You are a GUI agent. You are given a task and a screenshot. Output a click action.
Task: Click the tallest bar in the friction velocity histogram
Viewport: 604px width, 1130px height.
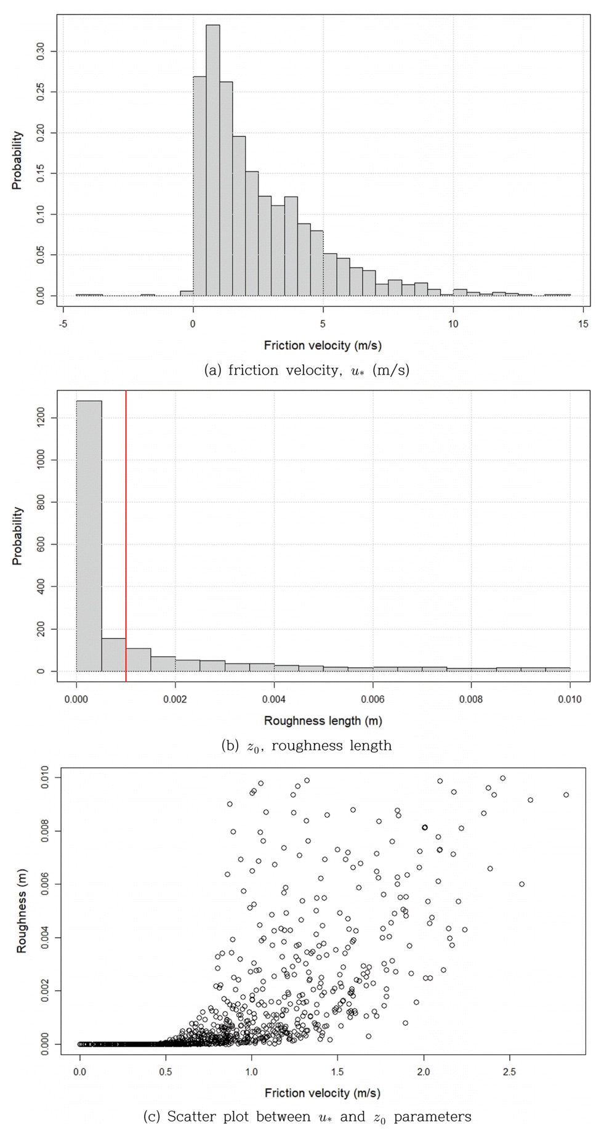click(x=212, y=160)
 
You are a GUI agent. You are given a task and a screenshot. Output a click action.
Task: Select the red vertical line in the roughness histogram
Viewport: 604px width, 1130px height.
click(x=126, y=536)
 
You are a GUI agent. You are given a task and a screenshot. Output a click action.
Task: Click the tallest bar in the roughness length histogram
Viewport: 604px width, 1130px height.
click(x=89, y=536)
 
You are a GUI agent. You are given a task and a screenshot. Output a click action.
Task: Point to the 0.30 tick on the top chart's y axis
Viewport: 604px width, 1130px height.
click(x=41, y=51)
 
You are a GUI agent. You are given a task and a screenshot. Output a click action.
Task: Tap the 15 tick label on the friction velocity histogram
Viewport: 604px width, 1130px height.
click(x=583, y=324)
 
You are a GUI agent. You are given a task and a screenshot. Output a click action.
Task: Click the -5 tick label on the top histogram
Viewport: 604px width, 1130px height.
click(x=63, y=324)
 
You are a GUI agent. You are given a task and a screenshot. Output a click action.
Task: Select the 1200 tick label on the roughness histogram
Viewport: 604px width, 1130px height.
click(x=41, y=418)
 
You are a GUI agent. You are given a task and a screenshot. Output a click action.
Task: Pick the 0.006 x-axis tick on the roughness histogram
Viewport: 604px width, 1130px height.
click(x=372, y=699)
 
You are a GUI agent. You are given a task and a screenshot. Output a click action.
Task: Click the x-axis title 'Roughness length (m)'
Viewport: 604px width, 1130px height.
click(x=323, y=720)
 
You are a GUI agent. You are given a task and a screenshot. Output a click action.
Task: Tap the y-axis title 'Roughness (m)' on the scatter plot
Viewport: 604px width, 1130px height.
click(x=22, y=912)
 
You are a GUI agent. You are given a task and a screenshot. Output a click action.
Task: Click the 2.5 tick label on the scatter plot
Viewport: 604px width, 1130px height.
click(x=509, y=1071)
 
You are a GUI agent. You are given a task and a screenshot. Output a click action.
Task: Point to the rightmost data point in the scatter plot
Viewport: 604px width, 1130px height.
click(x=566, y=795)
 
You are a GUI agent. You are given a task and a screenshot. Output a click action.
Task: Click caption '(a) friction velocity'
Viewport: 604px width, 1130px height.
click(x=306, y=370)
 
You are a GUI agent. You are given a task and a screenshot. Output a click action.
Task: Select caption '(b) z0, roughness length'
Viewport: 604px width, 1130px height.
click(x=306, y=746)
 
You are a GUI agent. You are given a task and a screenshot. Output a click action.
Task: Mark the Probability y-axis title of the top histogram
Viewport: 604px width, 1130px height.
click(x=17, y=160)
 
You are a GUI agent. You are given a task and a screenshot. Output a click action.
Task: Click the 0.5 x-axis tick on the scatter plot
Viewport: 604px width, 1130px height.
click(x=166, y=1071)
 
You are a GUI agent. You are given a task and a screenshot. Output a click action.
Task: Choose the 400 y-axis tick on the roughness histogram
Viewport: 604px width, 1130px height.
click(x=41, y=587)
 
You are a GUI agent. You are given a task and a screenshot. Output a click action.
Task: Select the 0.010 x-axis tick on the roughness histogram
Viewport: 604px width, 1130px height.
click(x=570, y=699)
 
